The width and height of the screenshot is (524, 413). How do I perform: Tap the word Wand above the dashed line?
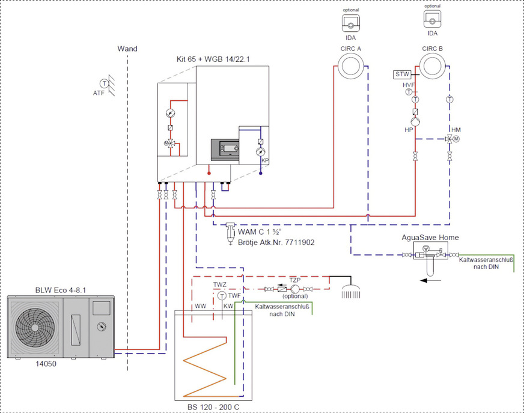[x=127, y=48]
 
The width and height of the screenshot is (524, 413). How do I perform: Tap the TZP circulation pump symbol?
[x=295, y=288]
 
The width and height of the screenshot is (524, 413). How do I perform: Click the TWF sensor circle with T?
[x=222, y=297]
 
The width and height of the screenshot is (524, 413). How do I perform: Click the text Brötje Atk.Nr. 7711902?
[x=276, y=242]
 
